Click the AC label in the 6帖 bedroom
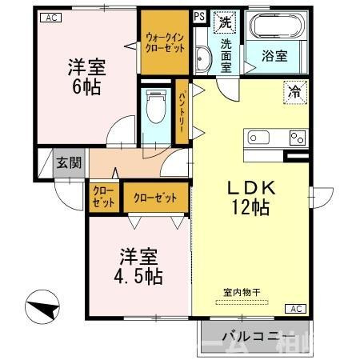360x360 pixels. pyautogui.click(x=49, y=17)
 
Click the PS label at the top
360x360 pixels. pyautogui.click(x=198, y=16)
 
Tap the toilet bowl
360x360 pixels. pyautogui.click(x=156, y=108)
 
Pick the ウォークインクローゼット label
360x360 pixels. pyautogui.click(x=165, y=42)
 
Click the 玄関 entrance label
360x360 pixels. pyautogui.click(x=69, y=163)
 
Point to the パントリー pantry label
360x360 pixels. pyautogui.click(x=182, y=111)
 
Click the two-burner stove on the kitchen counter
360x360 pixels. pyautogui.click(x=298, y=137)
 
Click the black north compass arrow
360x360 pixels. pyautogui.click(x=44, y=307)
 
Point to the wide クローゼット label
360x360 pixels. pyautogui.click(x=155, y=198)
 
